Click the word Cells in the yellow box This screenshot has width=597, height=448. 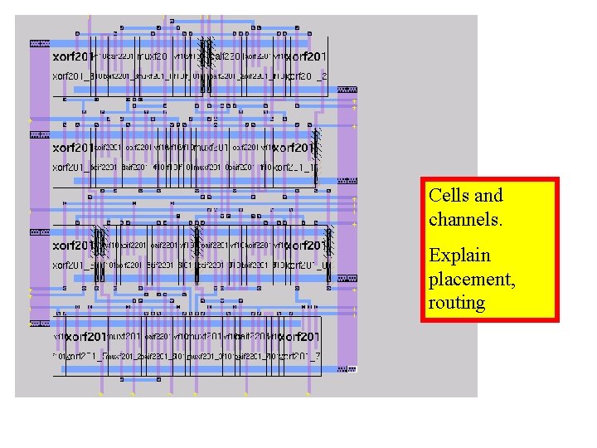click(449, 196)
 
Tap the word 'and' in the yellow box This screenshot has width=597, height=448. click(489, 196)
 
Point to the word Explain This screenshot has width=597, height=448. click(459, 256)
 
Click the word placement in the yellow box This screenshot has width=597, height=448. click(470, 279)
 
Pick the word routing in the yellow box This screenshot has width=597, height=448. click(456, 302)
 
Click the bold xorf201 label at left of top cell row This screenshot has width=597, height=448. click(73, 56)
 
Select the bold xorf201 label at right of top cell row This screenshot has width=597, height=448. click(306, 56)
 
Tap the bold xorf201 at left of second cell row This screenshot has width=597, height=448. click(73, 148)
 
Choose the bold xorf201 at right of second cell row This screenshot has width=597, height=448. click(294, 148)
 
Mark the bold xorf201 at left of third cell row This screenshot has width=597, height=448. click(73, 246)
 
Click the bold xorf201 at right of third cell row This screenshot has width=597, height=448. click(306, 246)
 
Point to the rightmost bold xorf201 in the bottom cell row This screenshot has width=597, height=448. click(298, 337)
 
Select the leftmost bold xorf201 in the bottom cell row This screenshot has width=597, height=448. click(85, 337)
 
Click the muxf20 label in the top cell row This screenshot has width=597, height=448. click(152, 56)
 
